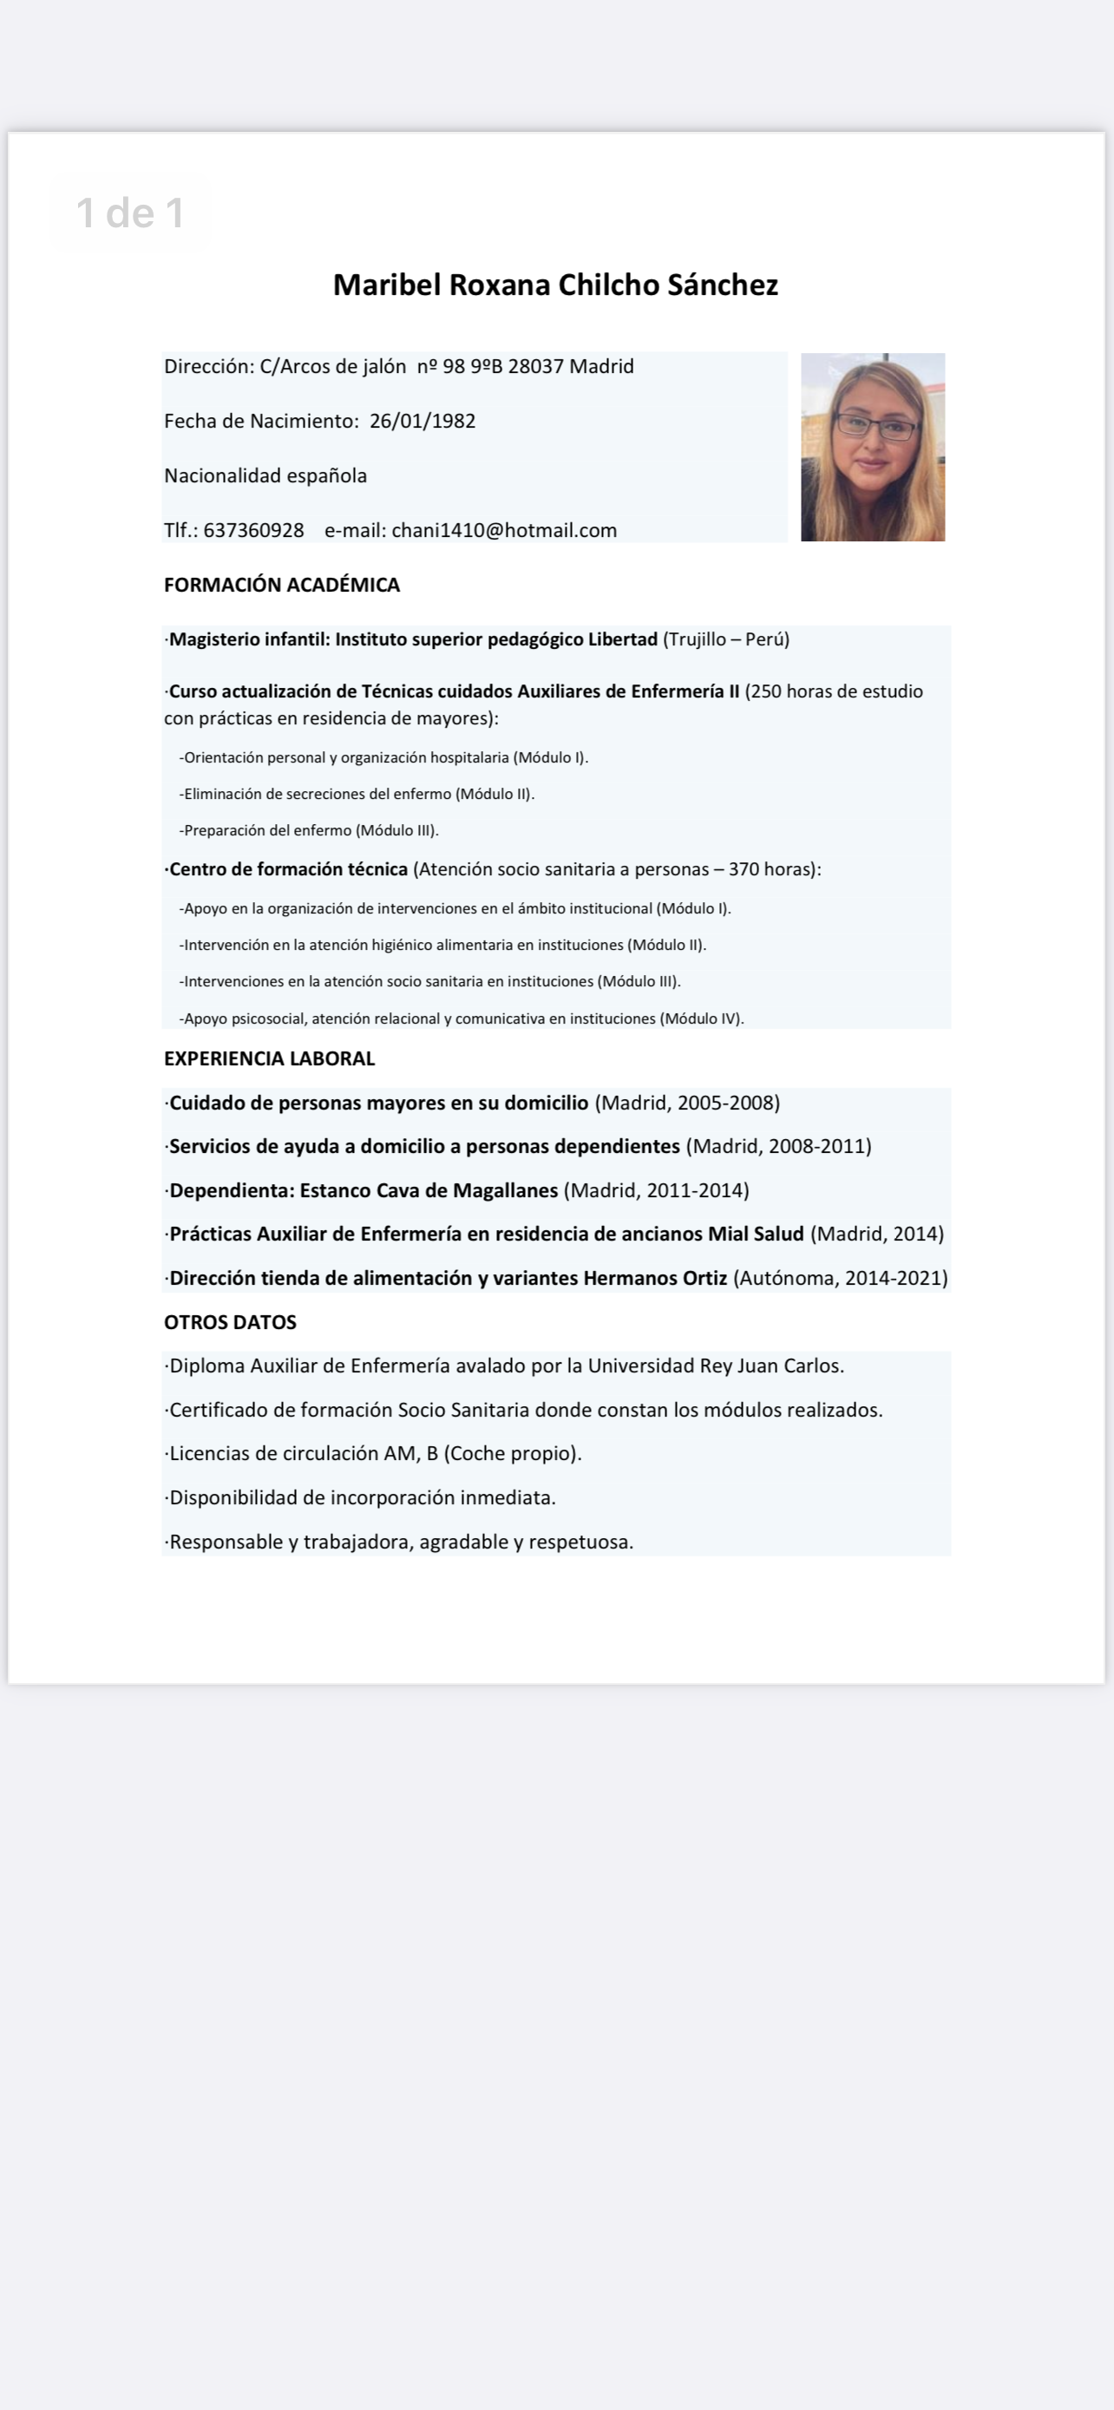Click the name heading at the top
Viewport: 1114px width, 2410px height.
click(555, 285)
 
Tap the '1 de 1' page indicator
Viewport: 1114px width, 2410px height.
click(130, 213)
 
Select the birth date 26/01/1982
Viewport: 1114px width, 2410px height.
click(423, 421)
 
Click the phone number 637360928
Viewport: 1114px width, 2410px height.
click(253, 530)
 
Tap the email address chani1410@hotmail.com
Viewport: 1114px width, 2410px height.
click(504, 530)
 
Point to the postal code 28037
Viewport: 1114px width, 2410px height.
click(536, 366)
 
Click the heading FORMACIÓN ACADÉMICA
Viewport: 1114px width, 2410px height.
click(282, 585)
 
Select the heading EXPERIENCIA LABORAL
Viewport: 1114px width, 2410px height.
click(269, 1058)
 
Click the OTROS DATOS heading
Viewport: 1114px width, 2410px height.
click(230, 1322)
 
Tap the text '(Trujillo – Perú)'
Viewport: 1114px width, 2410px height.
click(726, 639)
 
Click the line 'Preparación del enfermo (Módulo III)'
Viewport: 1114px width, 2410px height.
click(309, 830)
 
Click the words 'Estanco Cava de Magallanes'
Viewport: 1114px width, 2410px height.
click(429, 1190)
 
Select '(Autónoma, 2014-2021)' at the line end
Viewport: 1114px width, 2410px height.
click(841, 1278)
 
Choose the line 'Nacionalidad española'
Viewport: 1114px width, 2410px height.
click(265, 475)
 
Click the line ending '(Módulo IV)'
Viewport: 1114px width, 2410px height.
click(461, 1018)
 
